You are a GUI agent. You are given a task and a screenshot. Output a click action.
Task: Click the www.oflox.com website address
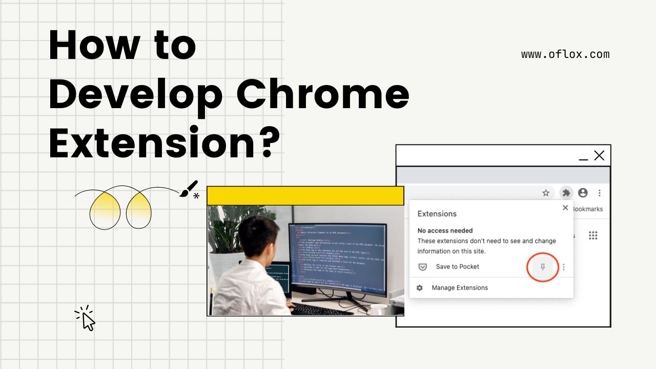point(565,54)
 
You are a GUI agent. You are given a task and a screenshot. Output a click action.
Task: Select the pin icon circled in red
point(543,267)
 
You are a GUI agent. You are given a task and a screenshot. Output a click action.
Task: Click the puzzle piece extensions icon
point(566,193)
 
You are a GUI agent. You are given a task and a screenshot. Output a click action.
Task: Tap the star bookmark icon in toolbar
point(546,193)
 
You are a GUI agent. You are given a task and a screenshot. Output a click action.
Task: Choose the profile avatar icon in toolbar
point(583,193)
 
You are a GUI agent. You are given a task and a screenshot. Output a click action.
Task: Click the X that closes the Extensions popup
point(565,208)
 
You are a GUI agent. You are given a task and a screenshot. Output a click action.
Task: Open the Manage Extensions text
point(460,288)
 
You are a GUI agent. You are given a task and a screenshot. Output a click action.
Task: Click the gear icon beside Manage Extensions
point(420,288)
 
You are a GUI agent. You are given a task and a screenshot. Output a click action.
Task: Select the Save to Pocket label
point(457,266)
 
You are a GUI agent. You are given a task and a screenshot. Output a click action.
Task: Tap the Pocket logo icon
point(423,266)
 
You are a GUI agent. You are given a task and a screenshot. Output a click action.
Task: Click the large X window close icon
point(599,155)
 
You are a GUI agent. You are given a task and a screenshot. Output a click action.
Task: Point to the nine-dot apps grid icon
point(593,235)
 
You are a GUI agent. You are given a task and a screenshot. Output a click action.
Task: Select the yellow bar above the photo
point(305,196)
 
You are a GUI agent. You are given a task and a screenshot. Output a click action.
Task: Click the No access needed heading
point(445,231)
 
